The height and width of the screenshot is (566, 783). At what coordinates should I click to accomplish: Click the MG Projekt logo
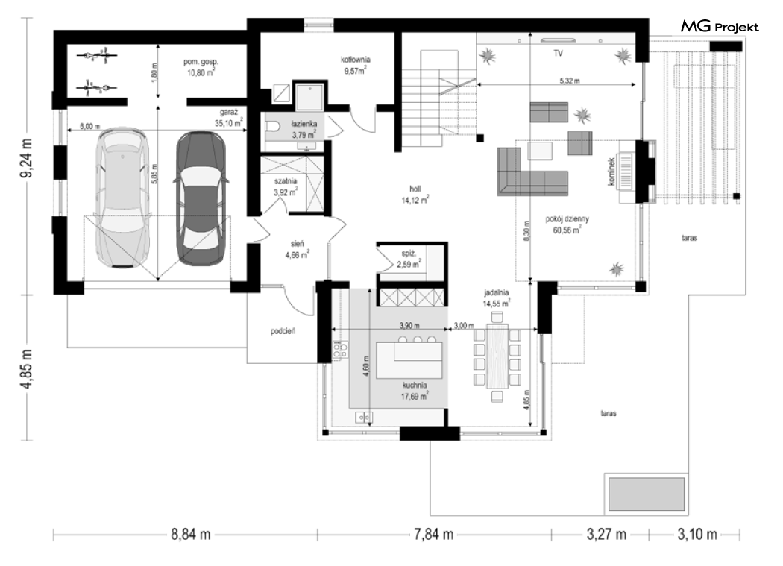[x=720, y=27]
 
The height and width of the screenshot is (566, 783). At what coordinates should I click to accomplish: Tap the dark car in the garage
[x=200, y=198]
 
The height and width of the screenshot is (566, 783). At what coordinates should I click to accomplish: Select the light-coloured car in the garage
[x=122, y=198]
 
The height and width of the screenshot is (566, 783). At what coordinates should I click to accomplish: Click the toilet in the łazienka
[x=273, y=127]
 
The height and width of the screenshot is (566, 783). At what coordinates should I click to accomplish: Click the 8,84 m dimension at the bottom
[x=191, y=535]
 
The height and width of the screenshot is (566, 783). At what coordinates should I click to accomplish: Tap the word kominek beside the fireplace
[x=611, y=172]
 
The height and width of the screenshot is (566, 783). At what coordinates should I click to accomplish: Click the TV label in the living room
[x=559, y=53]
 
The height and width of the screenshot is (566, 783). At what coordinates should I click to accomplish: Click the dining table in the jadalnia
[x=497, y=356]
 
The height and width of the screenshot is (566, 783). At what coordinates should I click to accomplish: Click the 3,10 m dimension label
[x=697, y=535]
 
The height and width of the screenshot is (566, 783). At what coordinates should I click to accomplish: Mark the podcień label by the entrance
[x=283, y=330]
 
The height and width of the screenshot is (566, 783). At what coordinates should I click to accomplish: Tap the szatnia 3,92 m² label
[x=286, y=186]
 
